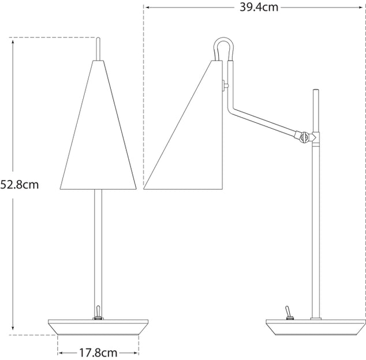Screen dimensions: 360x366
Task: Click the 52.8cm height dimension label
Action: point(20,185)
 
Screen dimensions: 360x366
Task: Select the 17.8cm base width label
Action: point(98,352)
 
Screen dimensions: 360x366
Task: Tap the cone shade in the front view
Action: point(98,138)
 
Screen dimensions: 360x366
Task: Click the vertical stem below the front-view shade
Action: point(98,248)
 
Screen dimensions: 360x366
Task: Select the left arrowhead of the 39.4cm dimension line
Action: point(147,8)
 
